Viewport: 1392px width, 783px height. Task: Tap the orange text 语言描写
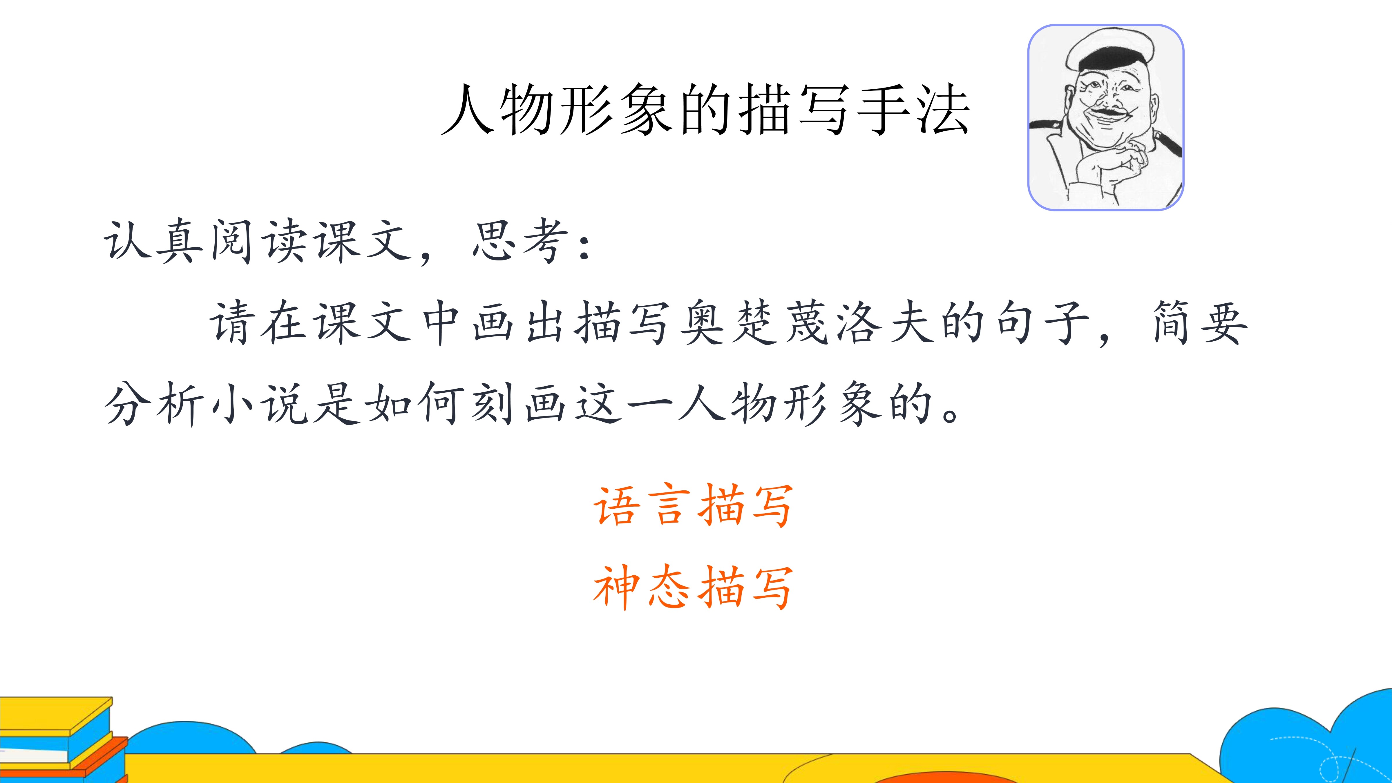pyautogui.click(x=693, y=505)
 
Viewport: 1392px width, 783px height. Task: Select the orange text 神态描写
pyautogui.click(x=693, y=587)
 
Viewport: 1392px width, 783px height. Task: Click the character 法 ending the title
pyautogui.click(x=943, y=109)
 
